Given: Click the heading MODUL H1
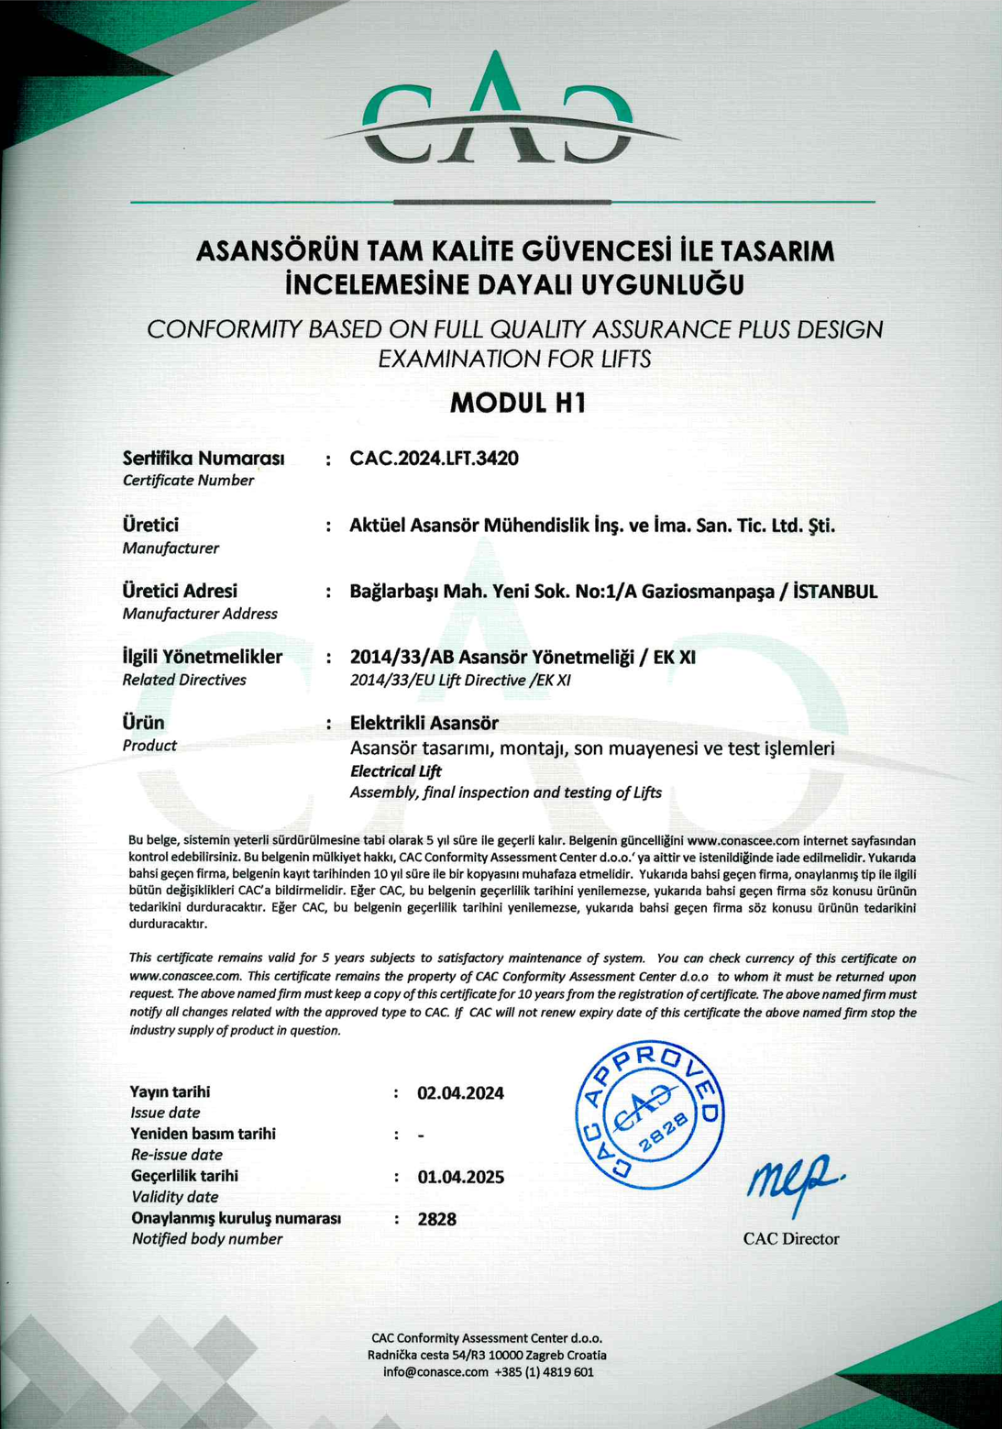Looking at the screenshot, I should tap(517, 403).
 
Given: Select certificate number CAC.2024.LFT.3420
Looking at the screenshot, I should tap(434, 458).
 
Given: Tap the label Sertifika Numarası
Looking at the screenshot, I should tap(203, 458).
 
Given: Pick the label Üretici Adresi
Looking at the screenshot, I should tap(180, 591).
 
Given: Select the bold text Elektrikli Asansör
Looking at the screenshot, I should tap(424, 723).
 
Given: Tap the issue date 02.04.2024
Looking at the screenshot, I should tap(460, 1093).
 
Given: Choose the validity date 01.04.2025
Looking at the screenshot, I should tap(460, 1177).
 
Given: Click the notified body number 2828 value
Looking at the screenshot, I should tap(437, 1219).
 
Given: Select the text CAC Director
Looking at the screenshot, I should tap(791, 1239).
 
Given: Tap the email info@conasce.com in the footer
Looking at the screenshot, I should tap(435, 1372).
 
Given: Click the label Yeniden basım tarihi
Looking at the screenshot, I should tap(203, 1134).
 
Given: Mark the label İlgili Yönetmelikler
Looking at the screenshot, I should tap(202, 657).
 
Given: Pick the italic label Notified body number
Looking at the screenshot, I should tap(206, 1239).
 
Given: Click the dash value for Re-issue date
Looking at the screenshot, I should tap(421, 1136).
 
